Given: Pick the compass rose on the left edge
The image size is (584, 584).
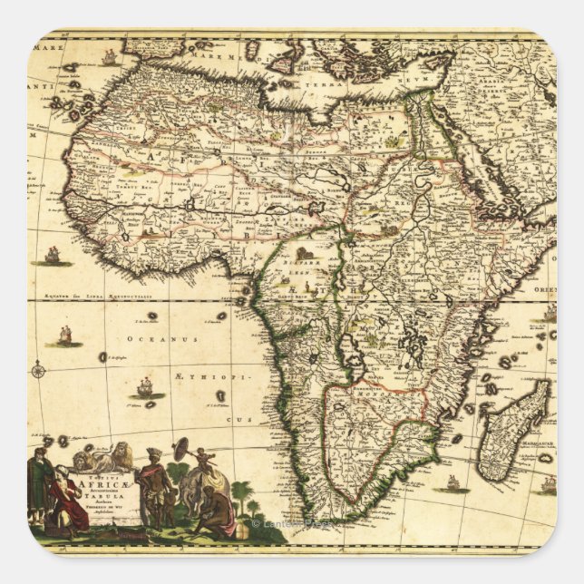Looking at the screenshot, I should [x=38, y=369].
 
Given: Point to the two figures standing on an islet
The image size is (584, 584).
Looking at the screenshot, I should [x=64, y=337].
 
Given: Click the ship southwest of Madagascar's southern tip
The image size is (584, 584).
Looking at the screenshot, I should [x=451, y=482].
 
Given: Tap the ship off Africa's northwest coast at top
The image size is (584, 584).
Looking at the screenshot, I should [x=110, y=57].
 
